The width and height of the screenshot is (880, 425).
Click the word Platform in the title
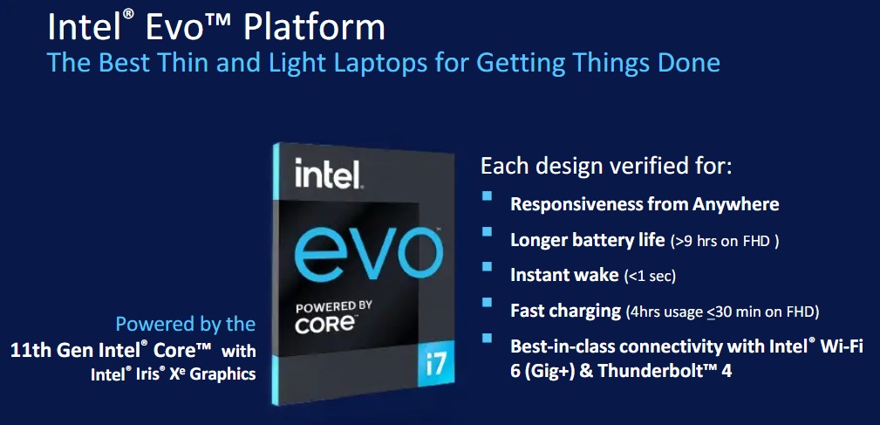pyautogui.click(x=315, y=28)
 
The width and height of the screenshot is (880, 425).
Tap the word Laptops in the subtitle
pyautogui.click(x=395, y=63)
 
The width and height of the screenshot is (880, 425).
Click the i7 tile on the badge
pyautogui.click(x=435, y=365)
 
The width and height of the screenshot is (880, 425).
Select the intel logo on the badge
pyautogui.click(x=327, y=174)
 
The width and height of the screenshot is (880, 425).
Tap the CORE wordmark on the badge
pyautogui.click(x=326, y=325)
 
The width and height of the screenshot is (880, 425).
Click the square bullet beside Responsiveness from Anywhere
pyautogui.click(x=487, y=196)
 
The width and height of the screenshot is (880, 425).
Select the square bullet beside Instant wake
pyautogui.click(x=487, y=266)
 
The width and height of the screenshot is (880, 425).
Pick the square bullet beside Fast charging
pyautogui.click(x=487, y=302)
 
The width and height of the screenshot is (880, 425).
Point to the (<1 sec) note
pyautogui.click(x=650, y=277)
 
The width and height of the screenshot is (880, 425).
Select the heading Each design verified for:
pyautogui.click(x=607, y=167)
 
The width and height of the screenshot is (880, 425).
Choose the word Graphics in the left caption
pyautogui.click(x=222, y=374)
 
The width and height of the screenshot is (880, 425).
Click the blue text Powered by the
pyautogui.click(x=185, y=325)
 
